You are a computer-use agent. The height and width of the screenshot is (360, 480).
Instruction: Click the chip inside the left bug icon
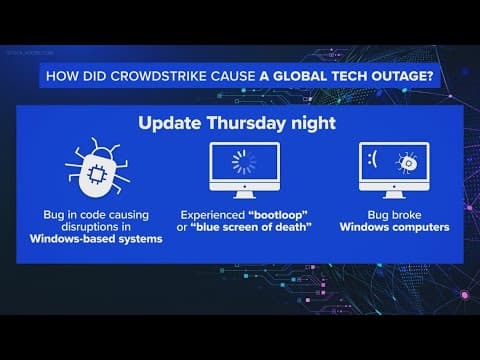[96, 172]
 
